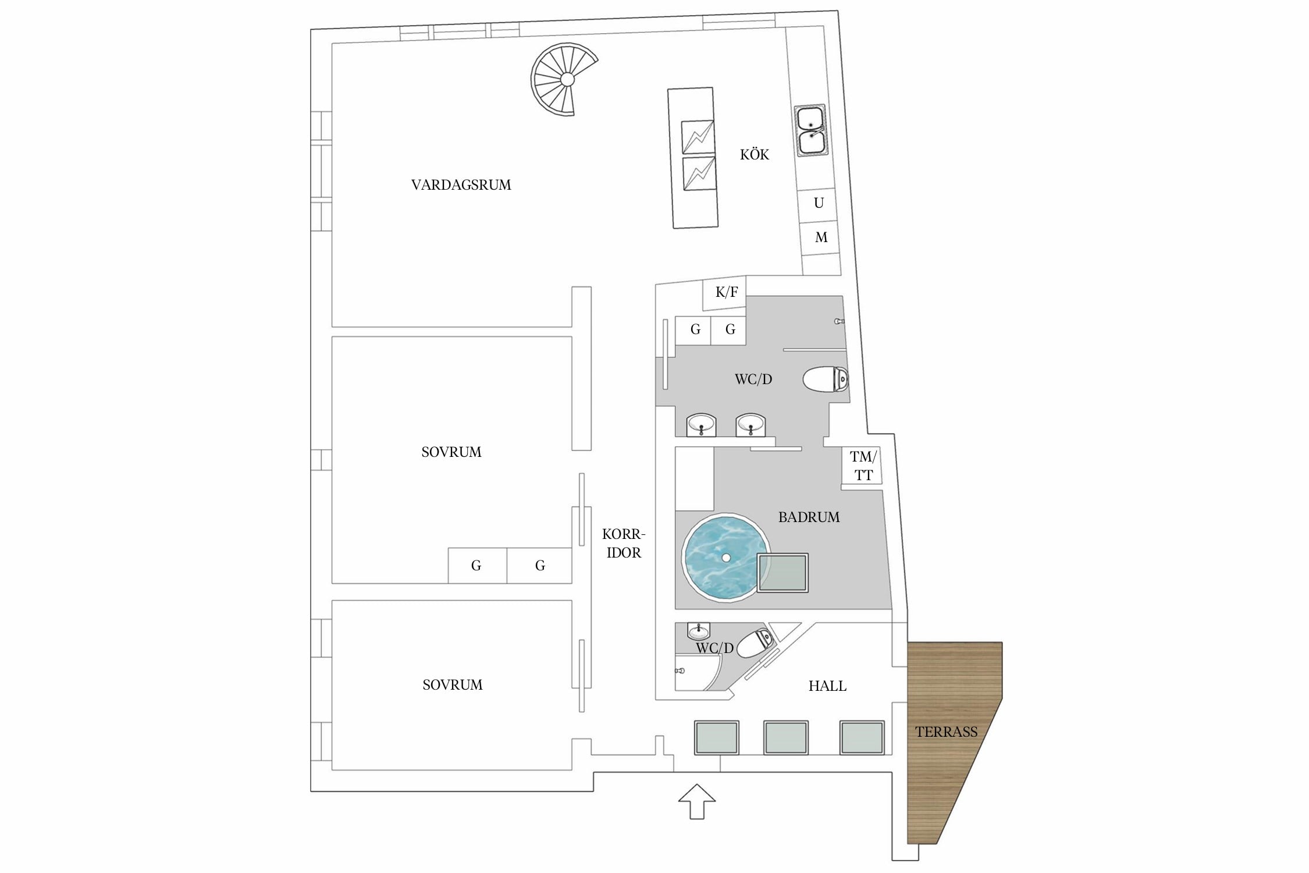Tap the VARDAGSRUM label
coord(461,185)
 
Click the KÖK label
coord(755,154)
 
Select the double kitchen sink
coord(811,131)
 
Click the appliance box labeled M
coord(820,238)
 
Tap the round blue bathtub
coord(725,558)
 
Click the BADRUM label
coord(809,517)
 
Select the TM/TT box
coord(862,466)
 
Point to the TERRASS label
coord(946,732)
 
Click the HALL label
coord(827,686)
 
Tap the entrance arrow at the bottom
coord(696,801)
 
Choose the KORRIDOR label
coord(624,543)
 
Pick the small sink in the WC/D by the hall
coord(698,630)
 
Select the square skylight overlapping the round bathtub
coord(782,573)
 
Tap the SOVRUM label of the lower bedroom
coord(453,685)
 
